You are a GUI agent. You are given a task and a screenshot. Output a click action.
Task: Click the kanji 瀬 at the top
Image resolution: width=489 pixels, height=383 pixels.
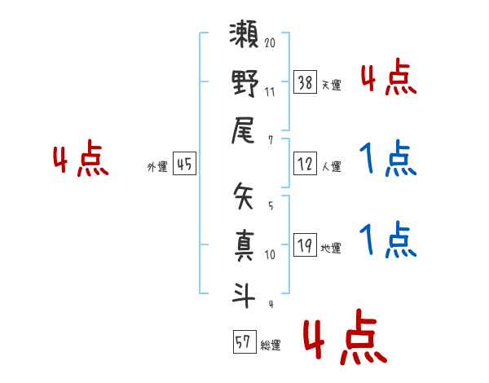coord(244,37)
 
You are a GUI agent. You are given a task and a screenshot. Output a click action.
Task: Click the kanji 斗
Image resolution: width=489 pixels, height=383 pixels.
coord(244,292)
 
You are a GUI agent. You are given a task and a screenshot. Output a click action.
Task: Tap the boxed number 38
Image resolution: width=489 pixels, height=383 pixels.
coord(305,82)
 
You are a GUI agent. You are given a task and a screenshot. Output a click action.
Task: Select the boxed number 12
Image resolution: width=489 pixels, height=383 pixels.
coord(305,163)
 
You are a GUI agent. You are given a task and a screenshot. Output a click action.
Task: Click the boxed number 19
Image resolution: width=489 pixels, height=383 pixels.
coord(305,244)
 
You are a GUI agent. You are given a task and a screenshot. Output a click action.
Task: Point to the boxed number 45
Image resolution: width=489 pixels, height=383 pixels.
coord(183,164)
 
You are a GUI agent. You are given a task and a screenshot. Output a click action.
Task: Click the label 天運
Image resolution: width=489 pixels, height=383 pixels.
coord(331,85)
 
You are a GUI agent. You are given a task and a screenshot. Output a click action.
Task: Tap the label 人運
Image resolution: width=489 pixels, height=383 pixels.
coord(331,166)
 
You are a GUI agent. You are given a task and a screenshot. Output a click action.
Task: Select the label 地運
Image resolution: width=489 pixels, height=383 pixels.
coord(331,247)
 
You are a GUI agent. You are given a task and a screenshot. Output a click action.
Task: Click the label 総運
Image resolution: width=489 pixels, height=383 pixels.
coord(271,344)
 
